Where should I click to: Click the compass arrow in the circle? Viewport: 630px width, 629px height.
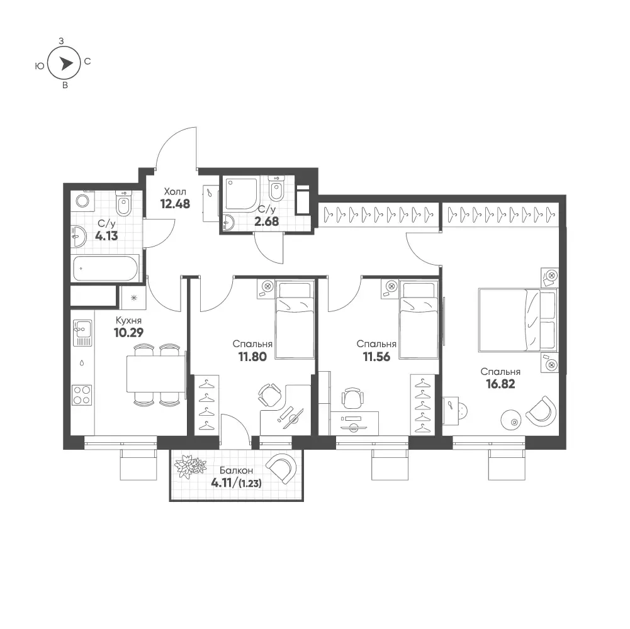66,64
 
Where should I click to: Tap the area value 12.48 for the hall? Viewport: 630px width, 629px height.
175,204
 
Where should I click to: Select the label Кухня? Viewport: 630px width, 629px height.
128,321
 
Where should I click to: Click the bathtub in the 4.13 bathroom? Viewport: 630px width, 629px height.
106,268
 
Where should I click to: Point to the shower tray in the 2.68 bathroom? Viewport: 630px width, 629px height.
241,194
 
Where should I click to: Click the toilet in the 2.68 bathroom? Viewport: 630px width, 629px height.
277,189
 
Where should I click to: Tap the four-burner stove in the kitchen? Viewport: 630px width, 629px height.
82,395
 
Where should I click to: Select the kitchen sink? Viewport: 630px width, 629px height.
82,333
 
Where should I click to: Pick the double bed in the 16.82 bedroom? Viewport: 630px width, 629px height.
518,320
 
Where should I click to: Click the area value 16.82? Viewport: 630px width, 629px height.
500,384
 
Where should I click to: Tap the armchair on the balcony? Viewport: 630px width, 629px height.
283,469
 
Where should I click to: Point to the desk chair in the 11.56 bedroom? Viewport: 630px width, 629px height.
352,398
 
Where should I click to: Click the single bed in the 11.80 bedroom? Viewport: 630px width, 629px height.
295,320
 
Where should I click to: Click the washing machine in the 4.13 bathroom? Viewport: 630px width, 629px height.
82,201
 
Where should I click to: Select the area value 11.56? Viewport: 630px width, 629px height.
376,357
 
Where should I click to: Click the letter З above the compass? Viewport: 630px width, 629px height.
61,41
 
